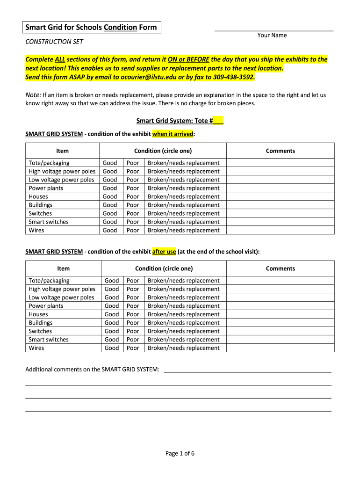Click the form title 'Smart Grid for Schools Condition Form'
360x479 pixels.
(91, 27)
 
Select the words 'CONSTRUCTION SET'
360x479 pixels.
(54, 42)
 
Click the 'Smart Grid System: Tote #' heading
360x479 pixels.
(180, 121)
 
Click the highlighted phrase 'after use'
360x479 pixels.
(164, 252)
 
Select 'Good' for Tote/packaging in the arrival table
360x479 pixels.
(110, 163)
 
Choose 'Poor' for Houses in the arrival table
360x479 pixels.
(133, 196)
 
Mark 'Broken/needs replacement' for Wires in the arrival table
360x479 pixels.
(183, 230)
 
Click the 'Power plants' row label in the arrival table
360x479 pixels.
(46, 188)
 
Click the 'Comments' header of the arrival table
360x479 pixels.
(280, 151)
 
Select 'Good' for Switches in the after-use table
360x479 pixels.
(112, 331)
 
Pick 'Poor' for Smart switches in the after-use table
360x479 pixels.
(133, 340)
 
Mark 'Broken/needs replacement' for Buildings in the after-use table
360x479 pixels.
(183, 323)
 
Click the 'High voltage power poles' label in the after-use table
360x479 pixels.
(62, 289)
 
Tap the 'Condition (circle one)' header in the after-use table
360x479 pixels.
(164, 269)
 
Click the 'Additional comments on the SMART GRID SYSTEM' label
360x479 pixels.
(92, 370)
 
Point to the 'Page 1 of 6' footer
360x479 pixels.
(180, 453)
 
